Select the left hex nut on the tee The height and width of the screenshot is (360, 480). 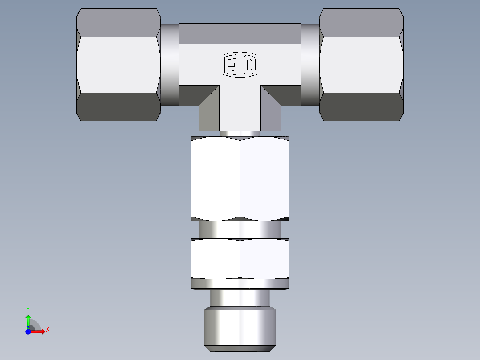(118, 65)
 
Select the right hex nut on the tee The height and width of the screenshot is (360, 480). (362, 65)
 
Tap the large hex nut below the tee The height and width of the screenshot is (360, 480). (240, 178)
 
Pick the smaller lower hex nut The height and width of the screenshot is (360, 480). (240, 259)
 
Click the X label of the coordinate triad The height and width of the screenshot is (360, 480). (48, 330)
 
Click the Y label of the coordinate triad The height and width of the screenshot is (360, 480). (28, 309)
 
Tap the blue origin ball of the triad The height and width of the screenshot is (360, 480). (28, 331)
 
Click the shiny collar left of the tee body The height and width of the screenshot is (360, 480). (170, 65)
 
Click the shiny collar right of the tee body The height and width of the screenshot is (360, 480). (310, 65)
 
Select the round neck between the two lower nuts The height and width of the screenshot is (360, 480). (240, 229)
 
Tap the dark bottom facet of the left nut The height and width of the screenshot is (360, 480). (118, 106)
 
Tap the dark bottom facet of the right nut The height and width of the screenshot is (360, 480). (362, 106)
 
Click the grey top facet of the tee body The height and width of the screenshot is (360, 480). (240, 33)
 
